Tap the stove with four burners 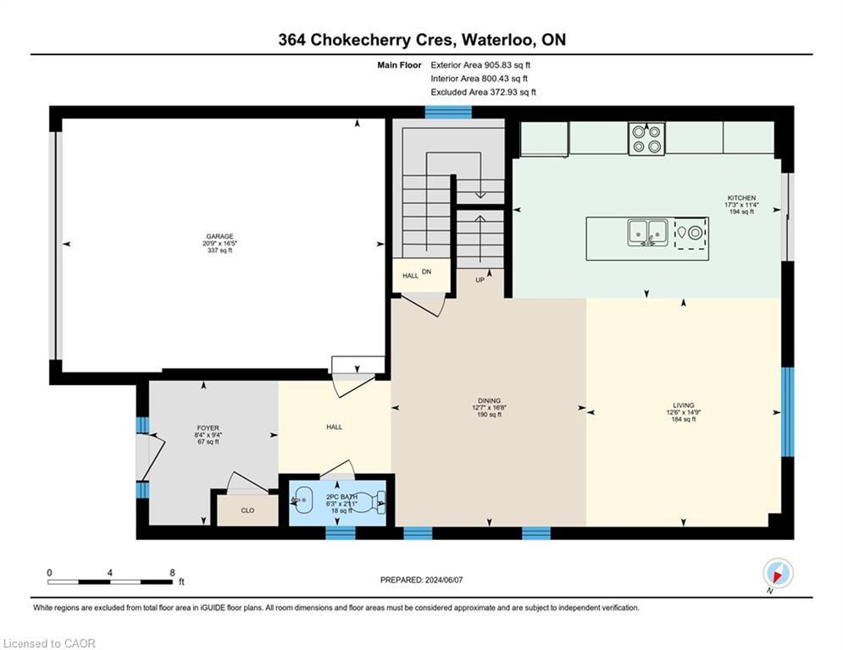click(646, 139)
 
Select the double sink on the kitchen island click(647, 232)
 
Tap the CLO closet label click(247, 510)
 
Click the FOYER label click(207, 428)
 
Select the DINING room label click(489, 400)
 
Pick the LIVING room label click(683, 405)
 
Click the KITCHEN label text click(740, 198)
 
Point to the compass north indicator click(777, 573)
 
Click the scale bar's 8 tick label click(173, 572)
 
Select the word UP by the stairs click(480, 280)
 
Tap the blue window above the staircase click(447, 112)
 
